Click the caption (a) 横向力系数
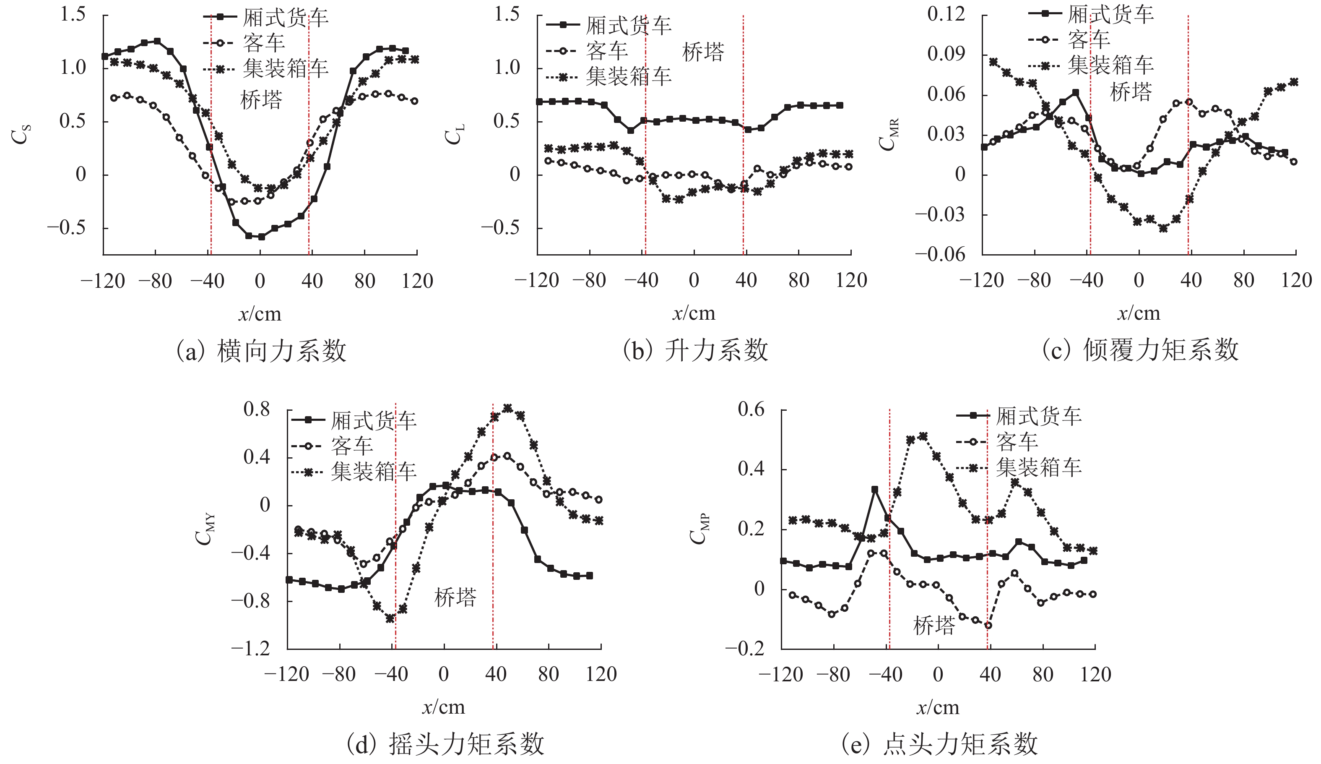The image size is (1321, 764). pyautogui.click(x=261, y=350)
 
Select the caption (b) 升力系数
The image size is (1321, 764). pyautogui.click(x=695, y=350)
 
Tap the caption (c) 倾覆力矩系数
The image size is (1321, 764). pyautogui.click(x=1140, y=350)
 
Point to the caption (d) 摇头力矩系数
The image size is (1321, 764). pyautogui.click(x=445, y=743)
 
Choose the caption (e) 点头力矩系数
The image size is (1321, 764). pyautogui.click(x=939, y=743)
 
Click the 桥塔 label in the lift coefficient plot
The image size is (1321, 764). pyautogui.click(x=703, y=52)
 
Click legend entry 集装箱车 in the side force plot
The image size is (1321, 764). pyautogui.click(x=285, y=68)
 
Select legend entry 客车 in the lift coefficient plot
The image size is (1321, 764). pyautogui.click(x=606, y=51)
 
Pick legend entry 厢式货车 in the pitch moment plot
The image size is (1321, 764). pyautogui.click(x=1038, y=416)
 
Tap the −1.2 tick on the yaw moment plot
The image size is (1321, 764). pyautogui.click(x=251, y=649)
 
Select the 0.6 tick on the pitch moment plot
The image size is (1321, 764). pyautogui.click(x=751, y=409)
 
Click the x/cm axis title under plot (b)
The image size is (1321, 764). pyautogui.click(x=694, y=313)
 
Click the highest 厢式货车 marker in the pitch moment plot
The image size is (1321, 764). pyautogui.click(x=874, y=489)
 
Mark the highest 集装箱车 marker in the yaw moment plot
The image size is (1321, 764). pyautogui.click(x=507, y=407)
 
